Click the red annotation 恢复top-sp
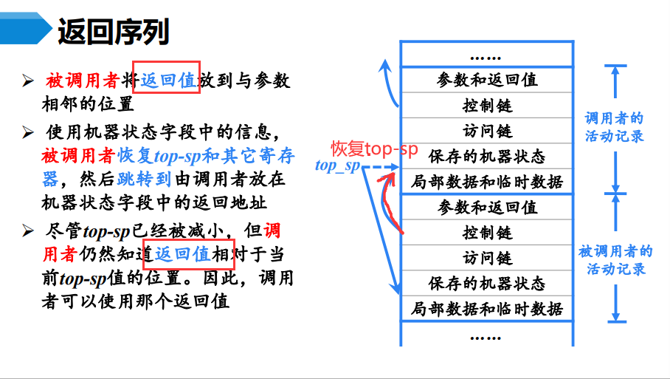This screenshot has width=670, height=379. click(x=373, y=148)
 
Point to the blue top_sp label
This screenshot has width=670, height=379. click(x=336, y=165)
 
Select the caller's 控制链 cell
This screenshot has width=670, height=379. click(x=487, y=106)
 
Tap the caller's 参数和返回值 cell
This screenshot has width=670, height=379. click(x=487, y=80)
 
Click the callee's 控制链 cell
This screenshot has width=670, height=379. click(x=487, y=232)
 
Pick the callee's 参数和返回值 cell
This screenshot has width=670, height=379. click(x=487, y=207)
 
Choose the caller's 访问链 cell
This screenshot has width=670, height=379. click(x=487, y=131)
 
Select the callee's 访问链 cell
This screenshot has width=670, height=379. click(x=487, y=258)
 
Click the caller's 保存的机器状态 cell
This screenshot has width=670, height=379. click(x=487, y=157)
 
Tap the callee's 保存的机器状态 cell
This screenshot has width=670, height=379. click(x=487, y=283)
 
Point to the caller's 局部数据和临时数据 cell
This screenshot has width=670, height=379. click(x=487, y=182)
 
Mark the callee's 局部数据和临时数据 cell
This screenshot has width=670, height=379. click(x=487, y=308)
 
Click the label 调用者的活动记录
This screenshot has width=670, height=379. click(x=614, y=127)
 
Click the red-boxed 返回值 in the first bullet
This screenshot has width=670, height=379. click(x=167, y=80)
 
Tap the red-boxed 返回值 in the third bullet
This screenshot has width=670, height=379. click(x=183, y=255)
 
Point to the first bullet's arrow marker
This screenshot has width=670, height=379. click(x=28, y=81)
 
